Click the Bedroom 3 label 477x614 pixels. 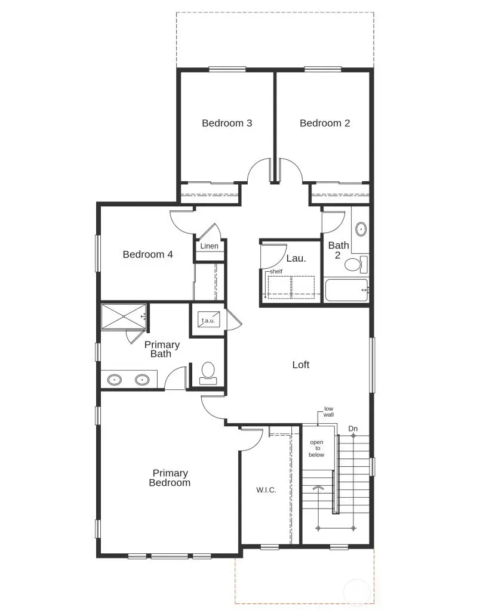pyautogui.click(x=227, y=123)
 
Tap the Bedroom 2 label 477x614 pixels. pyautogui.click(x=325, y=123)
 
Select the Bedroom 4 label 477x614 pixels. pyautogui.click(x=147, y=255)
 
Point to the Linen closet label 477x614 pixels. pyautogui.click(x=209, y=246)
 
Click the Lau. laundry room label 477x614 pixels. pyautogui.click(x=296, y=259)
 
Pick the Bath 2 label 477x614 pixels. pyautogui.click(x=338, y=250)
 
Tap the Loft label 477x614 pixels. pyautogui.click(x=301, y=365)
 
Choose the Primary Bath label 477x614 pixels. pyautogui.click(x=162, y=349)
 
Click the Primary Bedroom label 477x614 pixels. pyautogui.click(x=170, y=478)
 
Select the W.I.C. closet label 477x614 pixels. pyautogui.click(x=266, y=490)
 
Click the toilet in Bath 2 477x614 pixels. pyautogui.click(x=356, y=264)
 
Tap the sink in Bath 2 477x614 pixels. pyautogui.click(x=361, y=229)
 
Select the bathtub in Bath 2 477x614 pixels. pyautogui.click(x=347, y=290)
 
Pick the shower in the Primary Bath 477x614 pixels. pyautogui.click(x=124, y=316)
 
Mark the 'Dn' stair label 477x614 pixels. pyautogui.click(x=353, y=429)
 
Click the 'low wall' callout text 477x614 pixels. pyautogui.click(x=329, y=411)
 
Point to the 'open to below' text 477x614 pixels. pyautogui.click(x=316, y=448)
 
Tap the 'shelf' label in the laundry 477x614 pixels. pyautogui.click(x=275, y=271)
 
